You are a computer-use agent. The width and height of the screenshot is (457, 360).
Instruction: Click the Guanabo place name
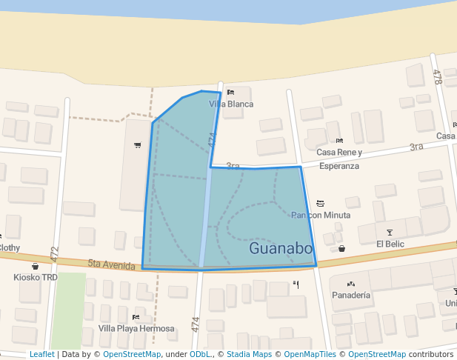coord(281,248)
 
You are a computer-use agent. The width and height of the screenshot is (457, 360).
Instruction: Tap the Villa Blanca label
coord(231,104)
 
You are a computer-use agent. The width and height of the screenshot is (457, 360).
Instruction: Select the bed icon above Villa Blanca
coord(230,92)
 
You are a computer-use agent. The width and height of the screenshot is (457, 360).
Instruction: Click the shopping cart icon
coord(137,144)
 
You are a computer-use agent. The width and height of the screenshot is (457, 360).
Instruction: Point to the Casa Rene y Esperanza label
coord(339,159)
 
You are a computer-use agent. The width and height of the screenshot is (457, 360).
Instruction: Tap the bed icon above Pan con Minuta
coord(320,203)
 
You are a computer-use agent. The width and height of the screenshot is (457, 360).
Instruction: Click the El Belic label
coord(390,244)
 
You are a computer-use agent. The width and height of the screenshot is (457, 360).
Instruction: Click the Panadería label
coord(350,295)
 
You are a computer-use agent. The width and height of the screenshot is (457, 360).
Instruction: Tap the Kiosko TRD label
coord(35,278)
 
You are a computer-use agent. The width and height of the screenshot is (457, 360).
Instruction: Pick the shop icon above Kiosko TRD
coord(35,266)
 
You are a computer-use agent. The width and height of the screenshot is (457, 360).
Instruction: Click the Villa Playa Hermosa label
coord(136,328)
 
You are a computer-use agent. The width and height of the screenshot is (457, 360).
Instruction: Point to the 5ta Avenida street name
coord(112,263)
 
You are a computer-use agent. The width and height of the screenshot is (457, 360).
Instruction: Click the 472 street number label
coord(54,253)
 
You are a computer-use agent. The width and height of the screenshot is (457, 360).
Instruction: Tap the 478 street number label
coord(437,76)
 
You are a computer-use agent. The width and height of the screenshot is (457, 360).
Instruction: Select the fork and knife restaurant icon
coord(296,284)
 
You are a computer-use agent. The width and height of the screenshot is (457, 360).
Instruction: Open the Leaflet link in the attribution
coord(41,355)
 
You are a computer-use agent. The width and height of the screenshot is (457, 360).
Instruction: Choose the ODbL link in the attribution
coord(200,355)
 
